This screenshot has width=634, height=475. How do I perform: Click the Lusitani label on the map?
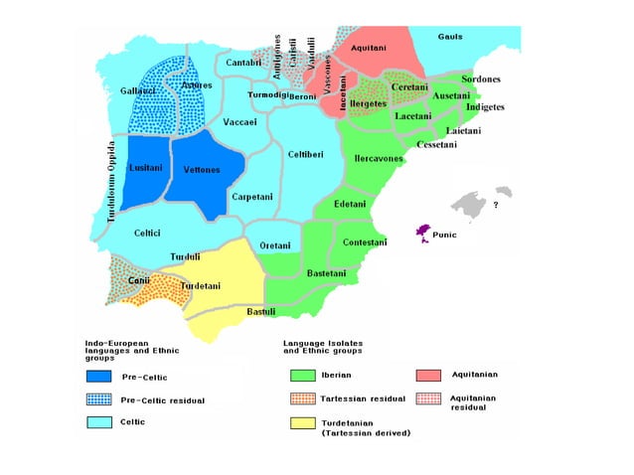coord(145,169)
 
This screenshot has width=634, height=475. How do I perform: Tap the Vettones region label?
coord(202,170)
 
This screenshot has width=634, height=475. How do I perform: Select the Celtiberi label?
coord(305,154)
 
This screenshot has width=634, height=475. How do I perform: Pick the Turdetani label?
coord(201,286)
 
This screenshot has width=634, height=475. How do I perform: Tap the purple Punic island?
coord(423,234)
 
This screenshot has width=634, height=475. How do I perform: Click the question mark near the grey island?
coord(496,206)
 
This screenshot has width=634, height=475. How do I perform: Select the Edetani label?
coord(349,204)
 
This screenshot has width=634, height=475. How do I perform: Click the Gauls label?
coord(450,37)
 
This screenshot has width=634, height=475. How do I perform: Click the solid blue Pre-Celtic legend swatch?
coord(97,377)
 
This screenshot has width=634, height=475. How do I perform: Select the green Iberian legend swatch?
coord(296,376)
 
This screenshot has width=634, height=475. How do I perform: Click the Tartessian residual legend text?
coord(364,398)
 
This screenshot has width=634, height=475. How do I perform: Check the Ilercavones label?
coord(379,158)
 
